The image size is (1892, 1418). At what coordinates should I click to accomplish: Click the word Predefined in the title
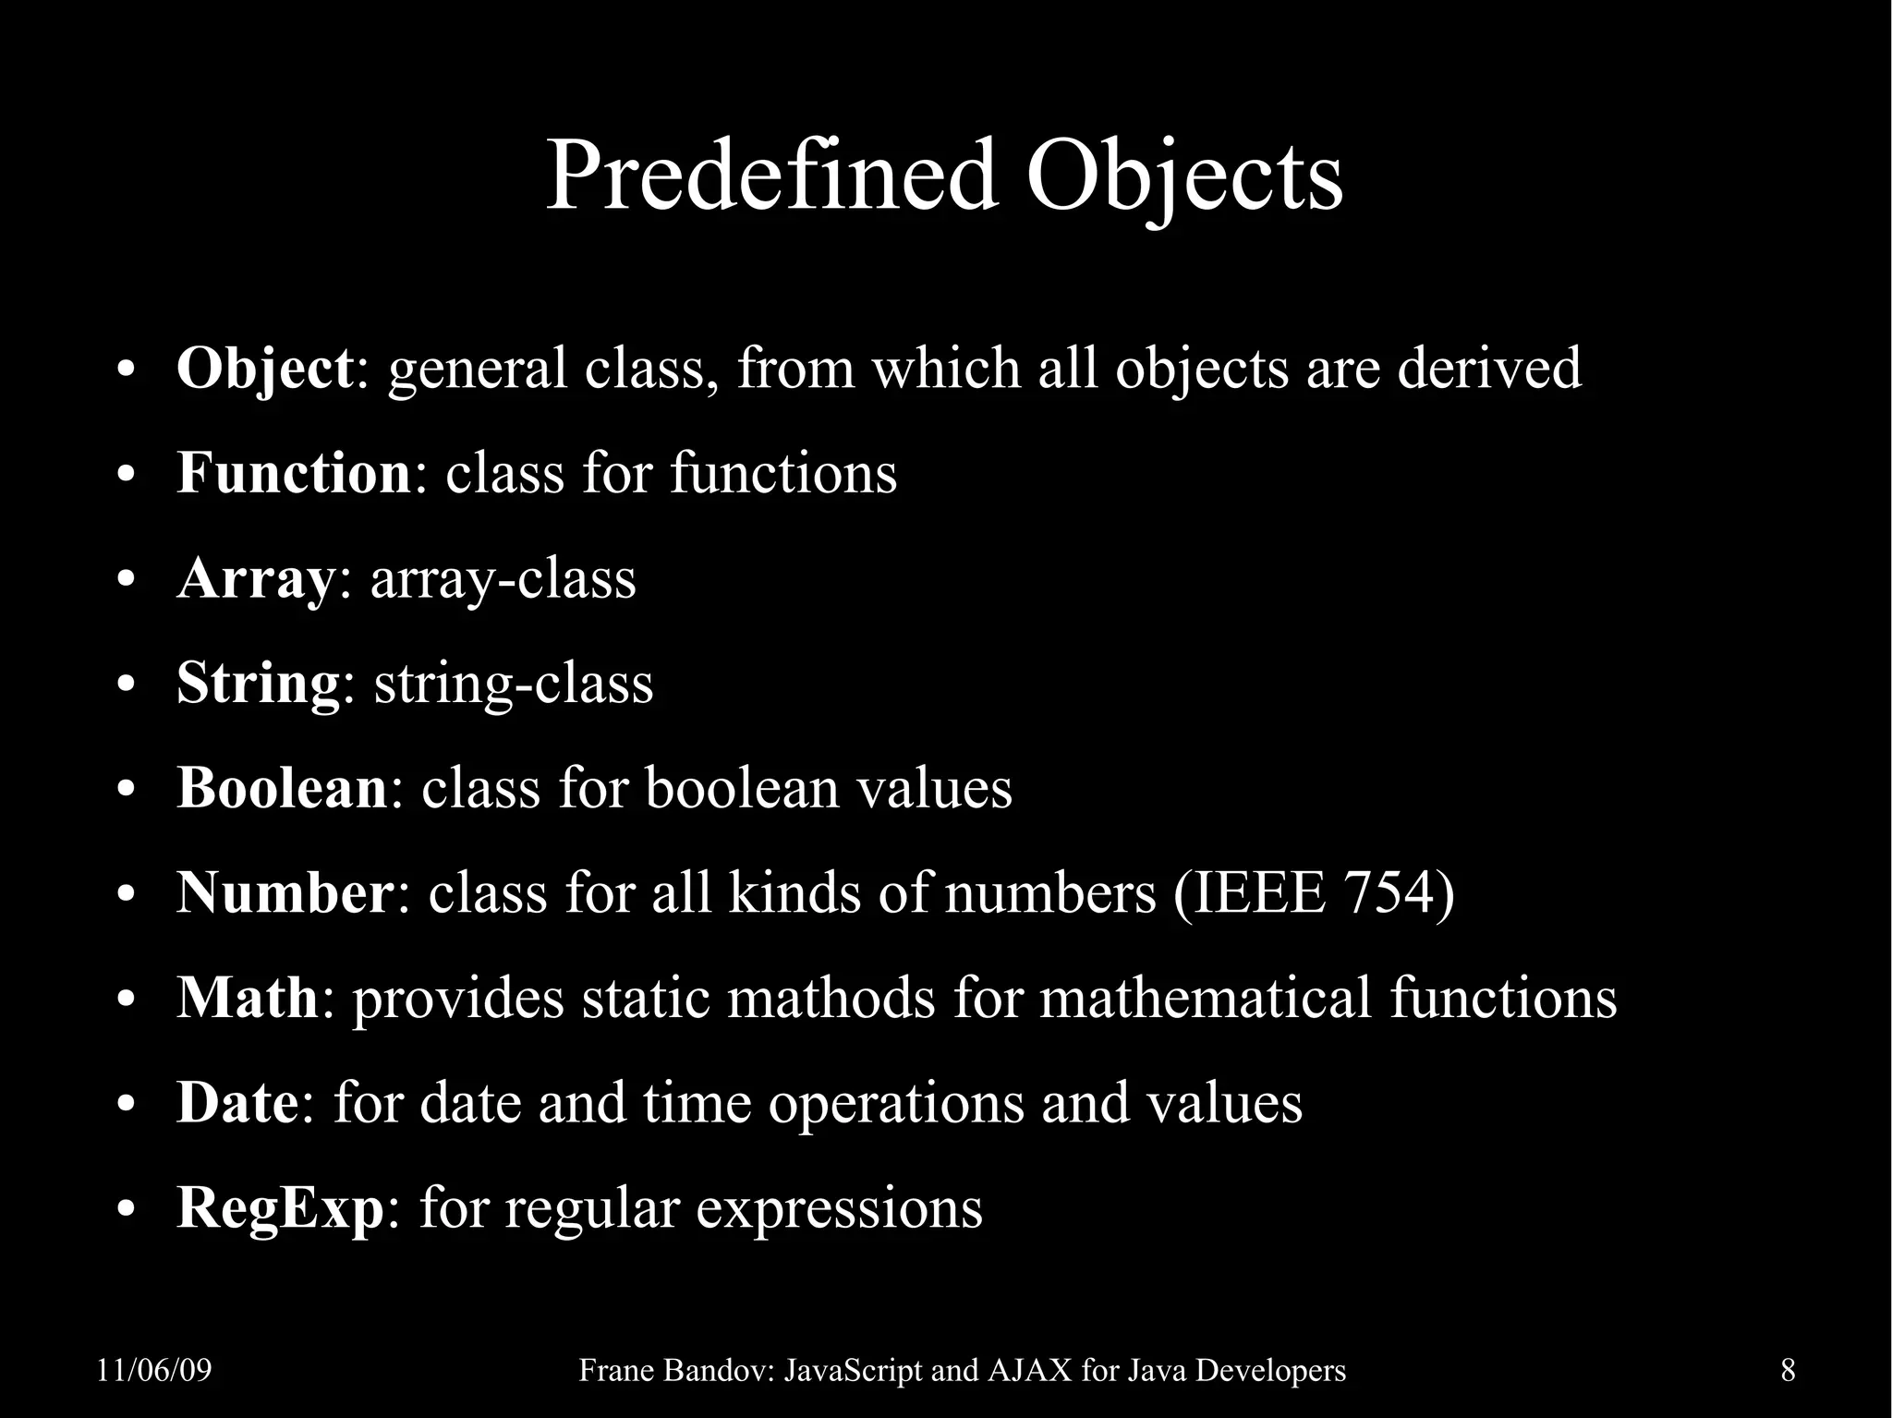[x=771, y=176]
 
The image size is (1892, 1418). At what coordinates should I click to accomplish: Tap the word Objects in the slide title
[x=1183, y=176]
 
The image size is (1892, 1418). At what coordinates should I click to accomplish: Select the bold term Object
[x=264, y=369]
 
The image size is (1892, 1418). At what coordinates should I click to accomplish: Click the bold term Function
[x=293, y=473]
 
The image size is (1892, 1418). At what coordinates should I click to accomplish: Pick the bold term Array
[x=254, y=579]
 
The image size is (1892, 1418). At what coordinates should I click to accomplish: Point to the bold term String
[x=258, y=685]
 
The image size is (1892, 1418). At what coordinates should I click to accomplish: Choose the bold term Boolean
[x=282, y=788]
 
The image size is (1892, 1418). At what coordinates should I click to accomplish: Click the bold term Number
[x=285, y=893]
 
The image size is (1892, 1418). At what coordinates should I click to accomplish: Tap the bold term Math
[x=247, y=998]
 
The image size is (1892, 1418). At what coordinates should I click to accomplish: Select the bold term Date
[x=236, y=1103]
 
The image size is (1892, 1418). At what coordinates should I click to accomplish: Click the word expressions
[x=838, y=1209]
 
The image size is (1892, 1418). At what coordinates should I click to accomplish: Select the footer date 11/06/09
[x=154, y=1370]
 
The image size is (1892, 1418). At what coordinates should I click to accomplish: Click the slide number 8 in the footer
[x=1788, y=1370]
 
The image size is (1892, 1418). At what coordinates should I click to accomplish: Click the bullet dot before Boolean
[x=127, y=791]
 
